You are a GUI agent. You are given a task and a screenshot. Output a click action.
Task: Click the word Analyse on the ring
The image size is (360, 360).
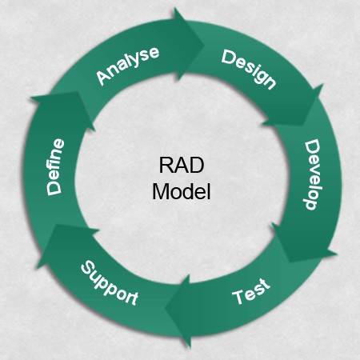tap(128, 65)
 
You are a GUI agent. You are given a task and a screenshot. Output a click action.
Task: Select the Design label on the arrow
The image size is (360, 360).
tap(249, 70)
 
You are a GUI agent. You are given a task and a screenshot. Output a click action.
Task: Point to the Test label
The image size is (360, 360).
tap(251, 293)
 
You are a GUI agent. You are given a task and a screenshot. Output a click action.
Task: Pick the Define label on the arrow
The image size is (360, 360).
tap(54, 166)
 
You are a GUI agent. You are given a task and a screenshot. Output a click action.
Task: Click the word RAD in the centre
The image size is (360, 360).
tap(181, 166)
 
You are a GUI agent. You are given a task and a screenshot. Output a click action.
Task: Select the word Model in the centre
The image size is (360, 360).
tap(181, 192)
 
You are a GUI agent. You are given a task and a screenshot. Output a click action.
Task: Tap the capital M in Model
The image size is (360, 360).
tap(158, 192)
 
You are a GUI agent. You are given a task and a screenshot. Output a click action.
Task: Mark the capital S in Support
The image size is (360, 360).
tap(85, 267)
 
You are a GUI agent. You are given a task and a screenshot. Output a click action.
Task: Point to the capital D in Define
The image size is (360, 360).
tap(54, 189)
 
